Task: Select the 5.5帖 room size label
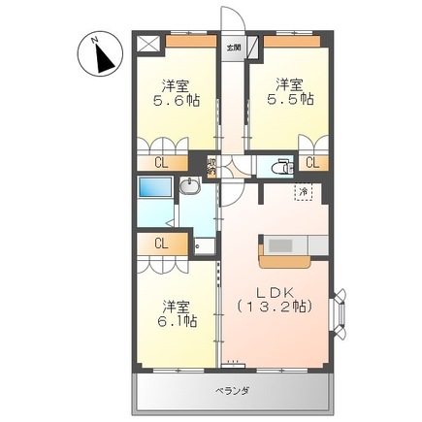click(x=293, y=99)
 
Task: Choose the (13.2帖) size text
click(x=274, y=308)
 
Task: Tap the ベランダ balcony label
click(x=232, y=390)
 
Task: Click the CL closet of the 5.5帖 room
click(x=313, y=164)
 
